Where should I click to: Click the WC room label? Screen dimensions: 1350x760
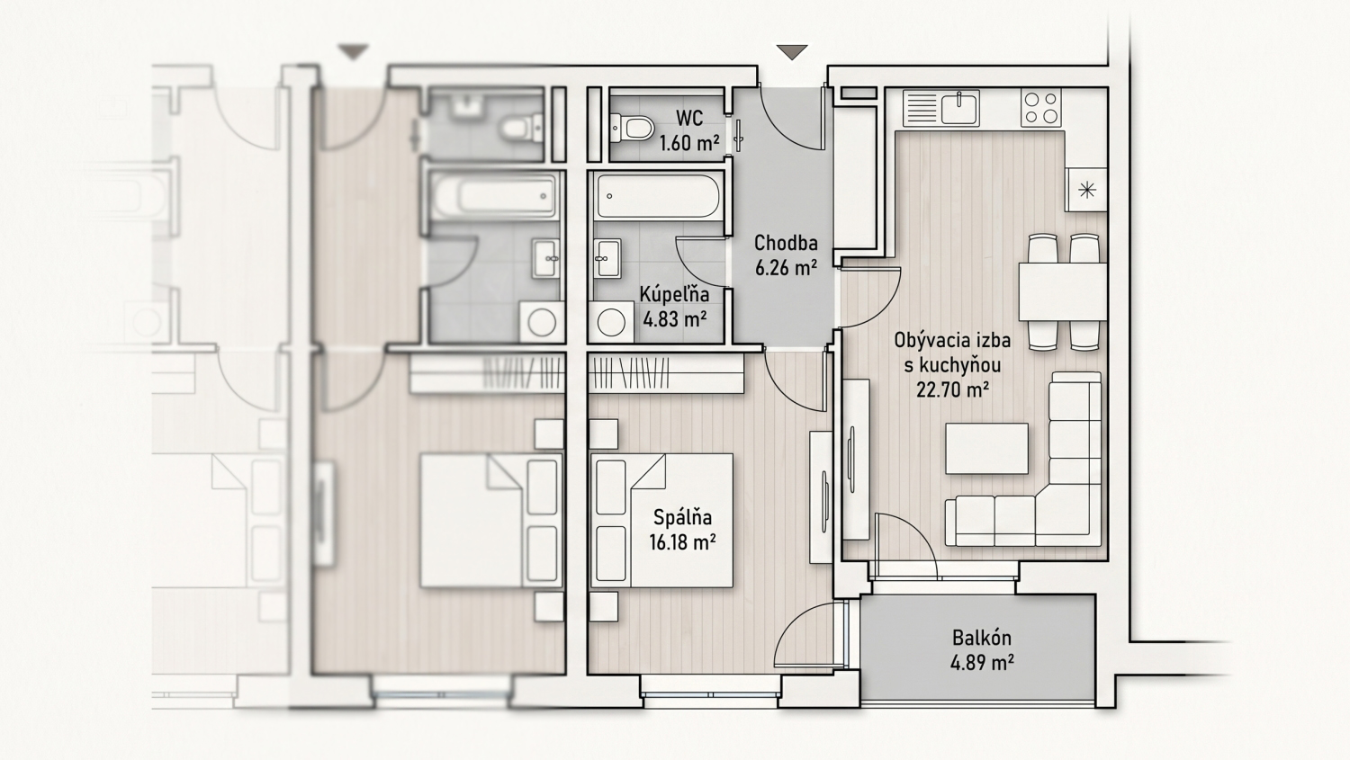(688, 118)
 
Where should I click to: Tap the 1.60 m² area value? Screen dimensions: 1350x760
(688, 143)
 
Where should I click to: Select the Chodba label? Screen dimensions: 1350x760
(786, 244)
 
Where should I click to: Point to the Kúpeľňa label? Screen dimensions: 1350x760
(674, 294)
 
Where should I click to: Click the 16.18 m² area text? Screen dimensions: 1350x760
(682, 542)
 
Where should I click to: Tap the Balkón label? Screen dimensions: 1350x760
(982, 637)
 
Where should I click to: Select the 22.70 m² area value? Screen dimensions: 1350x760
(952, 390)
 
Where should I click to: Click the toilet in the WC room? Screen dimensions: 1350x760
(632, 128)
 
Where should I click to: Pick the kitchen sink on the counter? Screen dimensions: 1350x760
(960, 108)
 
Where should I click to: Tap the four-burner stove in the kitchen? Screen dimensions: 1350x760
(1040, 108)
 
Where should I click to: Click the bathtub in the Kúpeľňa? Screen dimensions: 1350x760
(658, 196)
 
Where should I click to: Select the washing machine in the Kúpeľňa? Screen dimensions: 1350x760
(611, 322)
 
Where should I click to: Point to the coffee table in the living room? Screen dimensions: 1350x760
(986, 449)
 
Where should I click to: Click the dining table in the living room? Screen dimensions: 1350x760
(1063, 291)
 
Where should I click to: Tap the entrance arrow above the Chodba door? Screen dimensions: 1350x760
(792, 52)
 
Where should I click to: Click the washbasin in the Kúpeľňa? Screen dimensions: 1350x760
(607, 258)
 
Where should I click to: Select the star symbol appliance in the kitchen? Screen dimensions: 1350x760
(1086, 190)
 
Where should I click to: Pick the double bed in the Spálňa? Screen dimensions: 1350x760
(661, 521)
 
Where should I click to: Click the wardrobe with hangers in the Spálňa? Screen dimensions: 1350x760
(665, 373)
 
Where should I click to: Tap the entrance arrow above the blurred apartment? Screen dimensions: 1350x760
(353, 52)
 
